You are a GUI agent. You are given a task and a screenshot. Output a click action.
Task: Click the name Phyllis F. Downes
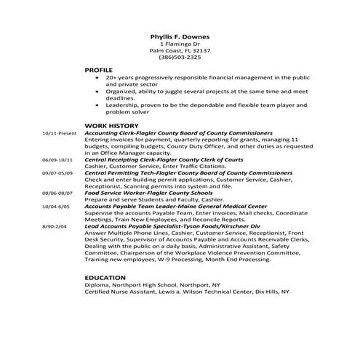point(180,35)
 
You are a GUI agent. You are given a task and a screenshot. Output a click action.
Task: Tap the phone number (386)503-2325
point(180,57)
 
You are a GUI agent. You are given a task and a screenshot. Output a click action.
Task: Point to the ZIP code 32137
point(200,50)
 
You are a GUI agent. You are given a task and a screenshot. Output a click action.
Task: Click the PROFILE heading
point(99,69)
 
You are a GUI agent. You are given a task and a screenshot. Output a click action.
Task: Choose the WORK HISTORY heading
point(110,126)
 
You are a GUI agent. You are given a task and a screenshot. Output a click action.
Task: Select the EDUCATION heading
point(105,278)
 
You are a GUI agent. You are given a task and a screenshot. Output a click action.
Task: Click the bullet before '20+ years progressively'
point(97,76)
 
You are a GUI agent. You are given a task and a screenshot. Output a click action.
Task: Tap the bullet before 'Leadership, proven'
point(97,105)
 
